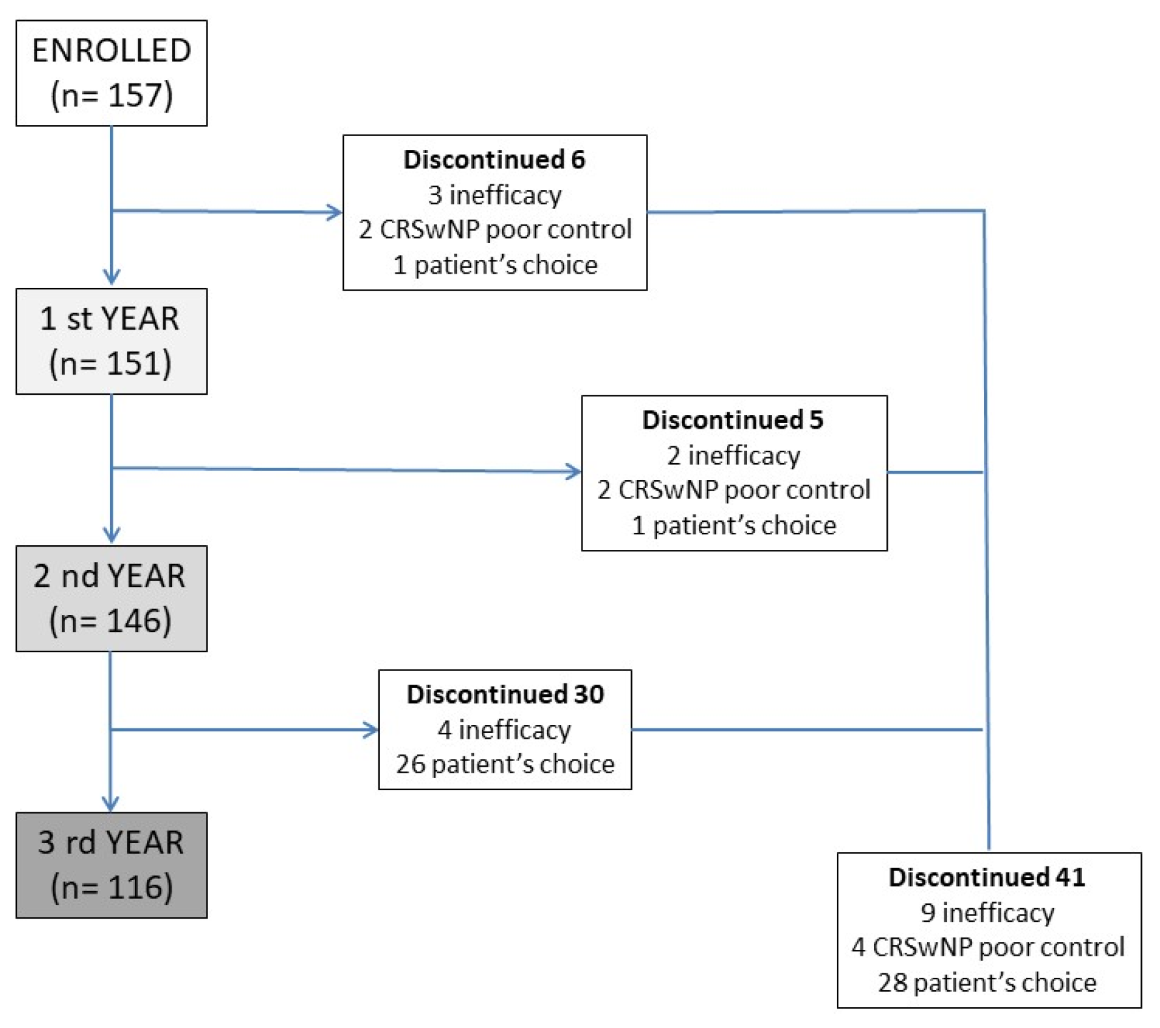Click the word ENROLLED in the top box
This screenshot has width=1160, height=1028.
111,51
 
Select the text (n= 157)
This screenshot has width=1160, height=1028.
111,95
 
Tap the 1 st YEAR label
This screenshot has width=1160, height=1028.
109,319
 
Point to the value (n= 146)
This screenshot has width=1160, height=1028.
111,620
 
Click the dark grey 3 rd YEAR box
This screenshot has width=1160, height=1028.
111,864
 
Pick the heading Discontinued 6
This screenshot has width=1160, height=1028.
494,160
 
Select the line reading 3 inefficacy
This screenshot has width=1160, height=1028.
494,195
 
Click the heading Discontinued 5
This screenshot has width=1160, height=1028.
733,420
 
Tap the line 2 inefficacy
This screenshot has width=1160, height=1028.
733,455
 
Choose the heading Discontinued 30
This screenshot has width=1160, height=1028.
505,694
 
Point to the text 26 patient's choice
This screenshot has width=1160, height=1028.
505,764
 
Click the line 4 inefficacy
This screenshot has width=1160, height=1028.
504,730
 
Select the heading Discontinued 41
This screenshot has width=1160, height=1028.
987,878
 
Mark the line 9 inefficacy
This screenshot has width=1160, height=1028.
987,913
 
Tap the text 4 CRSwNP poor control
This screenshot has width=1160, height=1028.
987,947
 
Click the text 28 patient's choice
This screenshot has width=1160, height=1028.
987,982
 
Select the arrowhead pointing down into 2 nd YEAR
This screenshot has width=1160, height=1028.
112,536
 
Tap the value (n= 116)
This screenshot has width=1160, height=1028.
112,887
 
